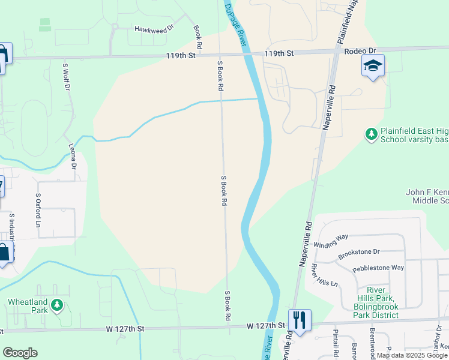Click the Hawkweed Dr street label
pos(154,28)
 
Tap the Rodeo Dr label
pos(360,52)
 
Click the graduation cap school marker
pos(373,65)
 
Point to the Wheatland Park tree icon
pos(57,305)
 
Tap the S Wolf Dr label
pos(67,75)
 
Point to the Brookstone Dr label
pos(360,253)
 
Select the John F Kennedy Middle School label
pos(427,196)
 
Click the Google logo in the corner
pos(20,353)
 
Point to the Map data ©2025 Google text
pos(412,355)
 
